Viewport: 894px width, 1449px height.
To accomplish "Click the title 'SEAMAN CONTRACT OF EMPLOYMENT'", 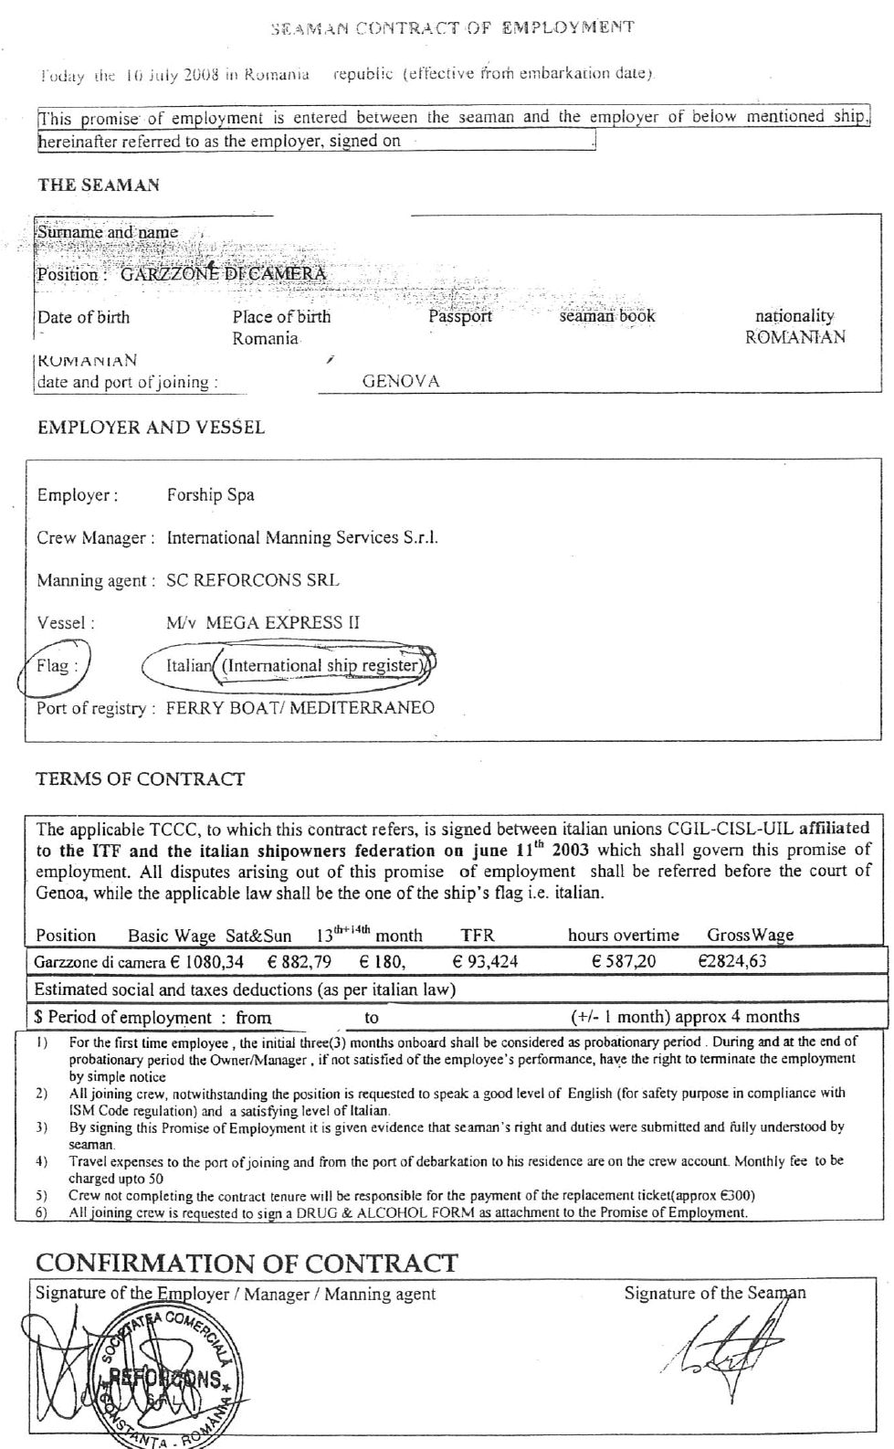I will (x=453, y=27).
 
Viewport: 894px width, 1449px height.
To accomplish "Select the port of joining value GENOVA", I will (x=401, y=382).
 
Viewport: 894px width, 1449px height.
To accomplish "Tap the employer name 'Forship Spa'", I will (x=210, y=495).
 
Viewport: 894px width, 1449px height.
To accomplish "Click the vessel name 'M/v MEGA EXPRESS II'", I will (x=263, y=623).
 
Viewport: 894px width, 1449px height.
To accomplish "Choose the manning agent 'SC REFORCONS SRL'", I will (x=252, y=580).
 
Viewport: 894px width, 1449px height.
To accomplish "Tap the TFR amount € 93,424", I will (x=485, y=961).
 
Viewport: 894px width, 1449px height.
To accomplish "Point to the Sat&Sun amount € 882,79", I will (x=300, y=962).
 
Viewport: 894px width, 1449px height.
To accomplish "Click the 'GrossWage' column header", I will (x=750, y=935).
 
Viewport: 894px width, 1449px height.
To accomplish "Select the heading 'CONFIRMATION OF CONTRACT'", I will (x=247, y=1264).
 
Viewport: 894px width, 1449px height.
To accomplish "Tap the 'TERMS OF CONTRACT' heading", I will (x=140, y=779).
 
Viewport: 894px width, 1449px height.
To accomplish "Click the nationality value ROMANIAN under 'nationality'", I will (x=794, y=337).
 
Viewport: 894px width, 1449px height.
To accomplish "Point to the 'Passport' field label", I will (x=460, y=316).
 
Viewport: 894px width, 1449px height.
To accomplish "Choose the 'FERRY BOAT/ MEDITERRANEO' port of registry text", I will (x=300, y=708).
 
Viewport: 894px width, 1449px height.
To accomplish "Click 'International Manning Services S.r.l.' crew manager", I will (x=302, y=538).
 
